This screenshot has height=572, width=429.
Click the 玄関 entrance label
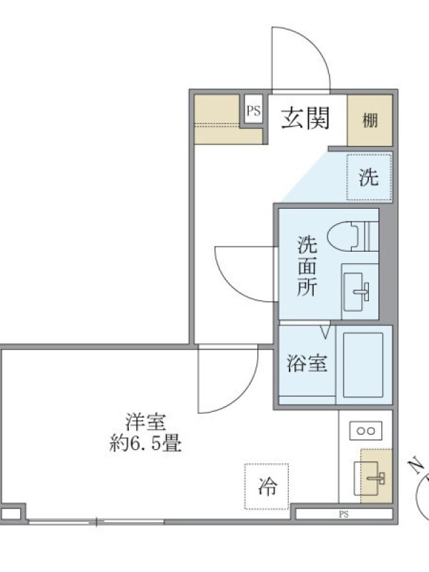tap(305, 118)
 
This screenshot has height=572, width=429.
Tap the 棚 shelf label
tap(370, 120)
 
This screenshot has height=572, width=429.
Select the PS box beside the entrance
tap(254, 110)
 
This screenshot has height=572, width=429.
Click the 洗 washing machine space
tap(369, 177)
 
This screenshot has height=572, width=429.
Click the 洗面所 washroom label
tap(307, 266)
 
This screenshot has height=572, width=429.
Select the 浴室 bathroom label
tap(307, 363)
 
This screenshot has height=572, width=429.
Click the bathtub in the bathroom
tap(363, 365)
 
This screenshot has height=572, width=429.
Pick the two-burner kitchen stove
tap(366, 431)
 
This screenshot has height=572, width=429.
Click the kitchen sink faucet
tap(377, 478)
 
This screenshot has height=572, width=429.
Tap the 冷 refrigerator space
tap(267, 486)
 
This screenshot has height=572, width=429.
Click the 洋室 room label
tap(146, 422)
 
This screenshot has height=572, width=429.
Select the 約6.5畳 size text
tap(146, 443)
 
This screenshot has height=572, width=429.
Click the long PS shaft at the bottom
tap(344, 514)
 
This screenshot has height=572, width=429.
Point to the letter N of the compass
tap(415, 466)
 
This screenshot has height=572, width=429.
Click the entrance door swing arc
tap(314, 43)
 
